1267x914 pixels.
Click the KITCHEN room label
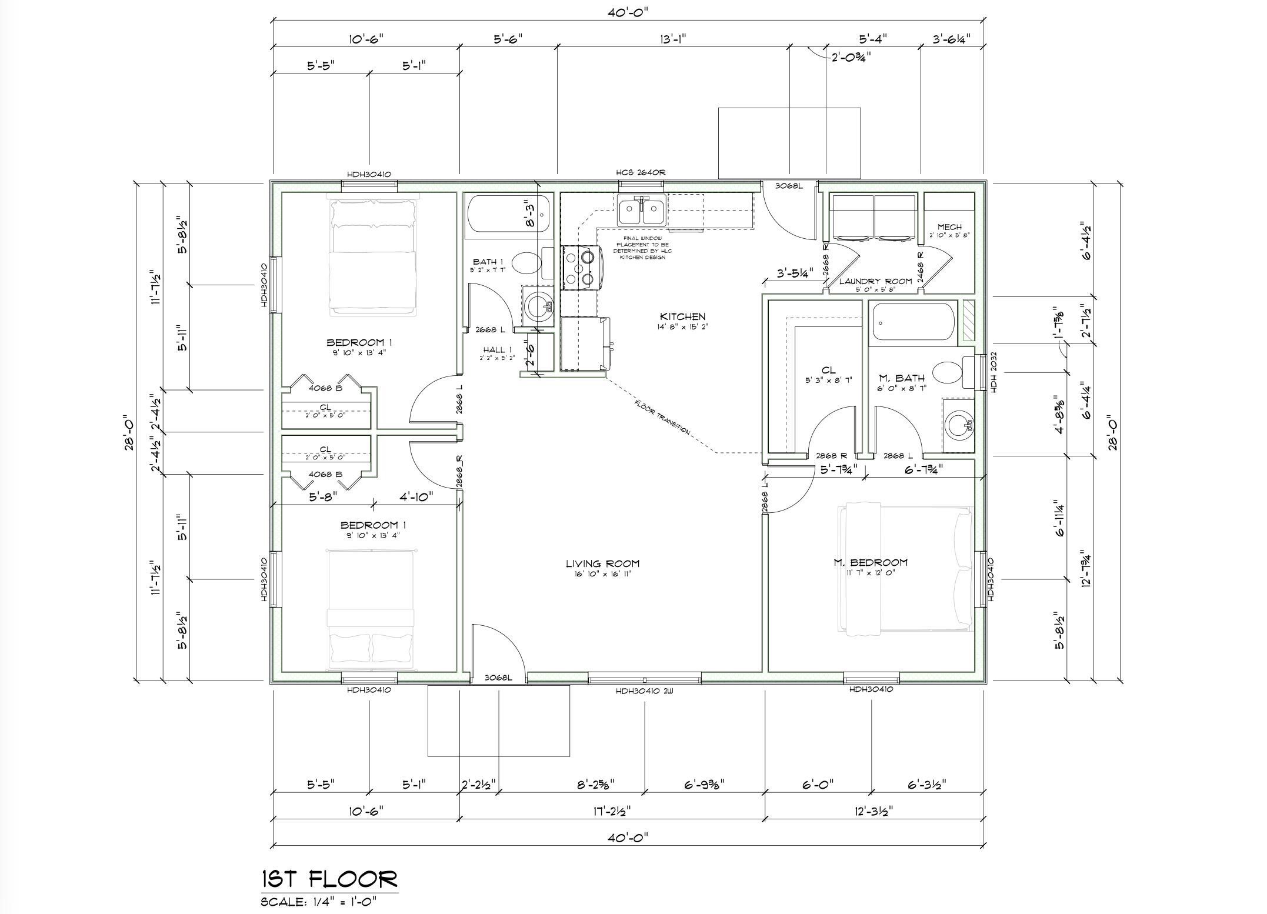point(682,317)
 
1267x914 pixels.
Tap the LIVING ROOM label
point(602,563)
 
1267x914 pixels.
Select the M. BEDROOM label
point(870,562)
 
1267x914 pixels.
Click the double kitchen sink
point(641,210)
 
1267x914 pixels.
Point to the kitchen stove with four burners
point(582,268)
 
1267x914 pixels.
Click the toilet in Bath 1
point(528,263)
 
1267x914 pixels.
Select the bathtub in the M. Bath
point(913,321)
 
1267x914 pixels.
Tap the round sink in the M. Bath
point(959,422)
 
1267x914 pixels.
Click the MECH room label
point(949,227)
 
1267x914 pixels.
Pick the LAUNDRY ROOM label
point(875,281)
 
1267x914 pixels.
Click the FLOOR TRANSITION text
point(662,417)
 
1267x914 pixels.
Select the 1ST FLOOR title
point(329,879)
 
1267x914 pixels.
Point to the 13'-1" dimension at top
point(673,39)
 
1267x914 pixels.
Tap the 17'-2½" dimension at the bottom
point(613,811)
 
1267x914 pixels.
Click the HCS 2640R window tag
point(641,172)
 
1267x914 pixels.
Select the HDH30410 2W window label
point(644,691)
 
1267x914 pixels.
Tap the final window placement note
point(642,248)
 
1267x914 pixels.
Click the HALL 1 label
point(497,350)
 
